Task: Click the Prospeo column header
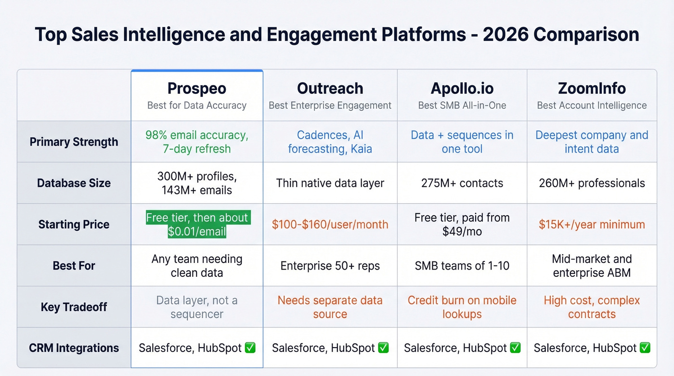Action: point(197,89)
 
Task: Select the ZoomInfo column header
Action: point(592,89)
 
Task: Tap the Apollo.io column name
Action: point(462,89)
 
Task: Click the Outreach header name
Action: point(330,89)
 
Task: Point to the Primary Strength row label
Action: point(74,142)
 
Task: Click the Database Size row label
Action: point(74,183)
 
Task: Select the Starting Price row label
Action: point(74,224)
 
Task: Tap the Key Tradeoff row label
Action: point(74,307)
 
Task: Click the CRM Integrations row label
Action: point(74,348)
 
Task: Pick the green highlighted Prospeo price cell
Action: point(197,224)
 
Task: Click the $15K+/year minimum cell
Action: point(592,224)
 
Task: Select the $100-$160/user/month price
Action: point(330,224)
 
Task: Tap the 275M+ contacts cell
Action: point(462,183)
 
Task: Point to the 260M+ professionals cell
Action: point(592,183)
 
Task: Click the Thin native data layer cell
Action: point(330,183)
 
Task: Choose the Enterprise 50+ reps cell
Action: point(330,266)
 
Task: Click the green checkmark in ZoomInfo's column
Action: point(645,348)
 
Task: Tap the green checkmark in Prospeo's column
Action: point(250,348)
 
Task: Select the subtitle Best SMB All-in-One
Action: point(462,105)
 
